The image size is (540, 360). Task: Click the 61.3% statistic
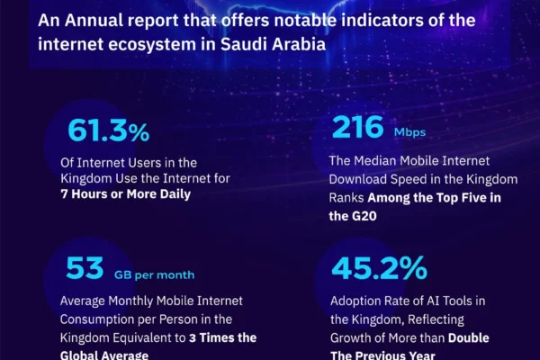(109, 130)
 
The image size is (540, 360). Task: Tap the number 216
(357, 128)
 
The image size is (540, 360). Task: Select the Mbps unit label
(409, 132)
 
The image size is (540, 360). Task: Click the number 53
(85, 268)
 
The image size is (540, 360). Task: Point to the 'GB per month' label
(154, 274)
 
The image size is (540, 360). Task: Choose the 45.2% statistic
(379, 268)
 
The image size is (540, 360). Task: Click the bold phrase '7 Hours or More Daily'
(126, 194)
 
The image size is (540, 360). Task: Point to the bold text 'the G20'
(353, 216)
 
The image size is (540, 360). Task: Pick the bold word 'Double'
(468, 338)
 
